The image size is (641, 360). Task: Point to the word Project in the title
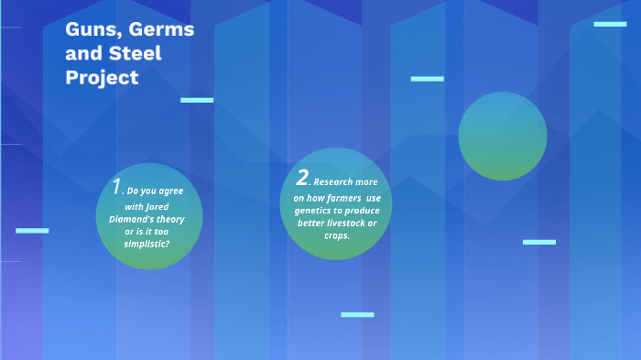pos(102,78)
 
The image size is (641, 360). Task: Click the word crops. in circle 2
pos(337,235)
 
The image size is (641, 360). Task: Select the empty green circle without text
pos(503,136)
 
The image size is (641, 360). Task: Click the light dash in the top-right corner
pos(610,24)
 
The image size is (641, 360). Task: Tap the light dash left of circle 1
pos(32,230)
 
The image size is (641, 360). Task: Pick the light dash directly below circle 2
pos(357,314)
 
